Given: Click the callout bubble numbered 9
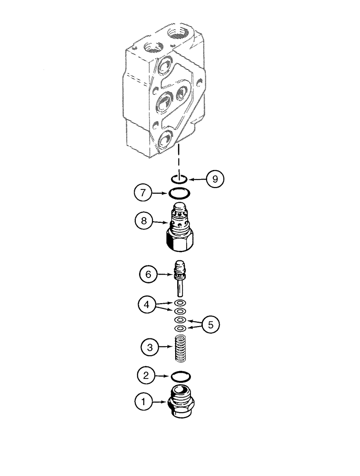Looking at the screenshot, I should [x=215, y=179].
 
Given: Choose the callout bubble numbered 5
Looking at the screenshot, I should [x=210, y=325].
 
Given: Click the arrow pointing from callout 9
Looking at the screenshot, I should [x=197, y=180].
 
